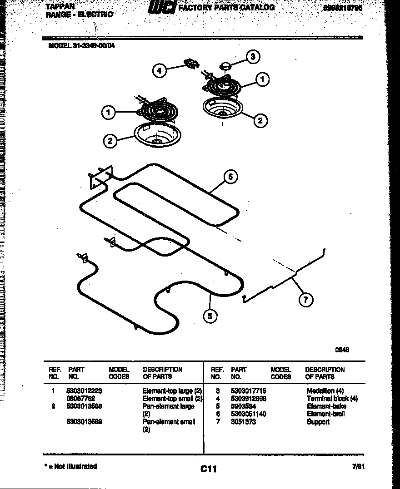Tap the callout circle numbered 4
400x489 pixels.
[x=159, y=71]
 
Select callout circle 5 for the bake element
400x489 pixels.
[x=210, y=316]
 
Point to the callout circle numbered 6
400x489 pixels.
[x=230, y=177]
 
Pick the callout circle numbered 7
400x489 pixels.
[x=306, y=300]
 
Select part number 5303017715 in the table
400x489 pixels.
[x=248, y=391]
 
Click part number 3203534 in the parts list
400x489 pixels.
[x=243, y=406]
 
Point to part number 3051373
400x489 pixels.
[x=243, y=422]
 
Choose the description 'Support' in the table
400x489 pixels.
[x=318, y=422]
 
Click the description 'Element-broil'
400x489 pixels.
[x=325, y=414]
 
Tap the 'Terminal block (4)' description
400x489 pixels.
[x=332, y=399]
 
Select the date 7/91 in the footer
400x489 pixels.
[x=358, y=466]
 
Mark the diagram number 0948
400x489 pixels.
[x=342, y=350]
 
